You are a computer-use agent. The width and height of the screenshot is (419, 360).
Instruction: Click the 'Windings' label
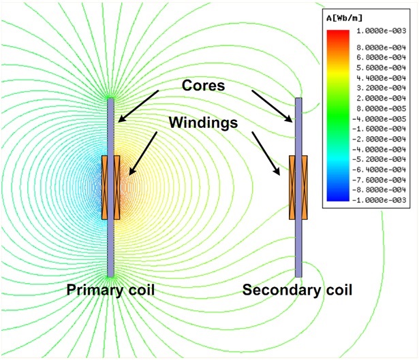[204, 123]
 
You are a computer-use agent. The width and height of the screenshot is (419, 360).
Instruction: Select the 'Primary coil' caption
[110, 291]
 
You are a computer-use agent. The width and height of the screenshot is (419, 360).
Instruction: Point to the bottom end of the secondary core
[298, 274]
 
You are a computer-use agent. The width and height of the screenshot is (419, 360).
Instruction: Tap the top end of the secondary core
[298, 101]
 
